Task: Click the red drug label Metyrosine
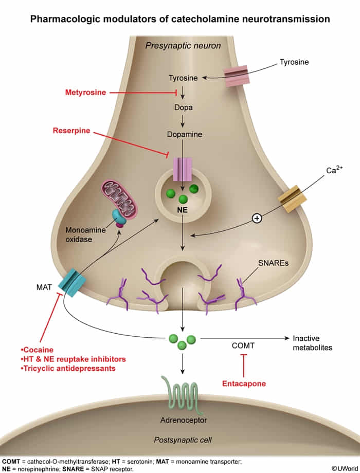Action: (x=85, y=93)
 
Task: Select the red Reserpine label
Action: (x=71, y=131)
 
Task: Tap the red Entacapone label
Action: (x=243, y=383)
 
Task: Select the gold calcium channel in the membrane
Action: (x=292, y=198)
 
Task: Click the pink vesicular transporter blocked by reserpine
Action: (x=182, y=169)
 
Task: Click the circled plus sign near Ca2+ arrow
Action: (x=257, y=219)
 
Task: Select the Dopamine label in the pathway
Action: (x=184, y=135)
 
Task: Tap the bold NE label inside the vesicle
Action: (x=183, y=210)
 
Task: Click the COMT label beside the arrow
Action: (x=243, y=346)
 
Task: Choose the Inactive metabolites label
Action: (x=312, y=342)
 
